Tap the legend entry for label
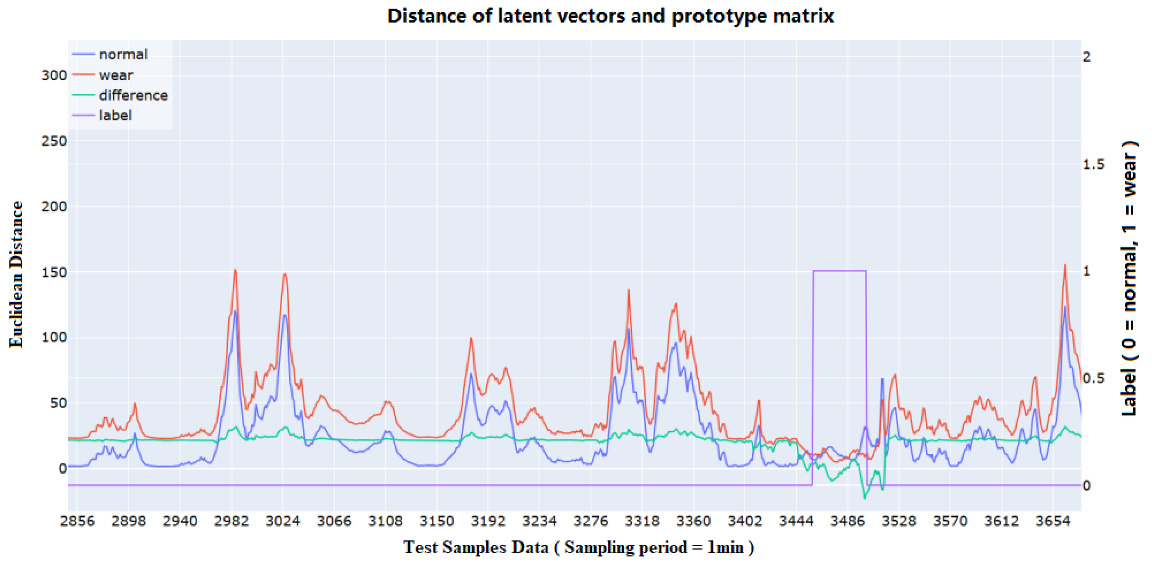115,115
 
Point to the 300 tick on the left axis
54,75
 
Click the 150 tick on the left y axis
54,272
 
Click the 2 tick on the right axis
1087,57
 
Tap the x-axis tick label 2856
77,521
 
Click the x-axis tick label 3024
283,521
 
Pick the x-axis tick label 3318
642,521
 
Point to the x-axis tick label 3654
1053,521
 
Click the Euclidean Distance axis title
16,274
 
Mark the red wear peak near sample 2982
235,270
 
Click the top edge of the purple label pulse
839,271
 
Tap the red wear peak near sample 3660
1065,265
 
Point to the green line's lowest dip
864,498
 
